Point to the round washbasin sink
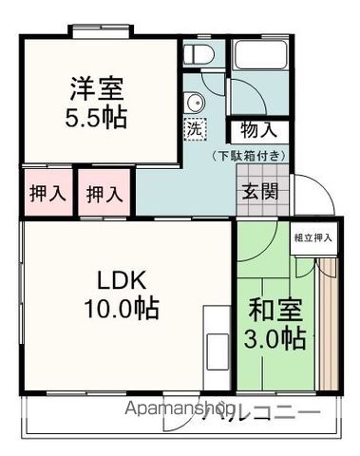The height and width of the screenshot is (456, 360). coord(197,105)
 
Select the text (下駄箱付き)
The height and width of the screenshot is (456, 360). coord(249,156)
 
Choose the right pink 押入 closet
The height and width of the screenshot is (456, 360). coord(104,193)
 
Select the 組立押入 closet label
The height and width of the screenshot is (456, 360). coord(313,238)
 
